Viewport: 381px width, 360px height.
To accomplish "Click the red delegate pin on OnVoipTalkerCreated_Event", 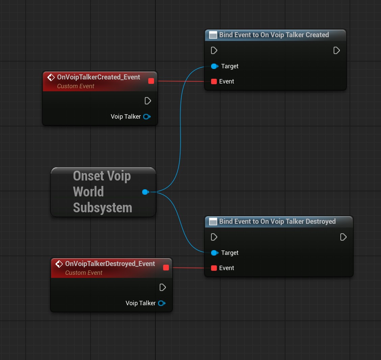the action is tap(151, 81).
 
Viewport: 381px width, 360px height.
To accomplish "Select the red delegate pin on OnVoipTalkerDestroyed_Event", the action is tap(166, 268).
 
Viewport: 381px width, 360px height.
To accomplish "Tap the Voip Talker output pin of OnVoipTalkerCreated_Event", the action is tap(147, 117).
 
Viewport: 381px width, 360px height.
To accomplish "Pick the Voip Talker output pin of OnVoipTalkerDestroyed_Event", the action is tap(162, 303).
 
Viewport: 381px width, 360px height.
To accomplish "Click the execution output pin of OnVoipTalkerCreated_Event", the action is tap(148, 101).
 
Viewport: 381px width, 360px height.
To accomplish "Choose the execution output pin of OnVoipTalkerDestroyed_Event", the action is tap(162, 287).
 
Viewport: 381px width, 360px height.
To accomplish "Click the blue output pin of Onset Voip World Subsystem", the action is tap(146, 192).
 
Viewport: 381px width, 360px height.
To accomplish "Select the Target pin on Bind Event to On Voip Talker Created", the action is tap(214, 66).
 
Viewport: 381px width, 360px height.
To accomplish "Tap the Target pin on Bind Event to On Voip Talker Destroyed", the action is tap(214, 253).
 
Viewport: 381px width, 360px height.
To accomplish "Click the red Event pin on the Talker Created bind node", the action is tap(214, 81).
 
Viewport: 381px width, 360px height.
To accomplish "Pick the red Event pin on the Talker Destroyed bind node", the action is tap(214, 268).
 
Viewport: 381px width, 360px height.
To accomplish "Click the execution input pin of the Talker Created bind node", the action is tap(214, 50).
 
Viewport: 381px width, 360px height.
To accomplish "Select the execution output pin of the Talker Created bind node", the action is tap(336, 50).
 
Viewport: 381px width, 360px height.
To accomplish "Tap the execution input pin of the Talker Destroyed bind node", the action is tap(214, 237).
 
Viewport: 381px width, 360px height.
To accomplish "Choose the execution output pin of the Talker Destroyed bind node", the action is tap(343, 237).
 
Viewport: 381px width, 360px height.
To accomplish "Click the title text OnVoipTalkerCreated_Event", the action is tap(99, 77).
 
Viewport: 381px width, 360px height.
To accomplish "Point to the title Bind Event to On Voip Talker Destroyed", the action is tap(277, 221).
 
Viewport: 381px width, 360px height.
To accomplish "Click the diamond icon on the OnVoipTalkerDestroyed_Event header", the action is tap(59, 264).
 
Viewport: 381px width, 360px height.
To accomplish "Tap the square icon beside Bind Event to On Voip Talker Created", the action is tap(213, 35).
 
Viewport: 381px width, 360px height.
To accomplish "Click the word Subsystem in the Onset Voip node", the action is tap(103, 208).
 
